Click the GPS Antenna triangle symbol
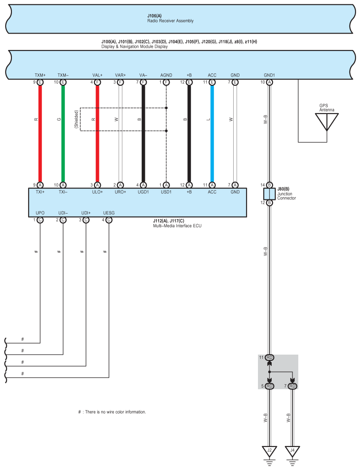[327, 120]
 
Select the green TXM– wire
[63, 133]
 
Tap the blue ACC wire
[212, 133]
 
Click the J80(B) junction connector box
[269, 194]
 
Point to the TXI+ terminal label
[40, 192]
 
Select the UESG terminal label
[109, 213]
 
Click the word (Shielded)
[76, 119]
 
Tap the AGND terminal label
[166, 75]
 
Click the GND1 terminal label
[269, 75]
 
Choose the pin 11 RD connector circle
[269, 357]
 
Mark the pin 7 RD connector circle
[292, 386]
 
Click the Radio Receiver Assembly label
[170, 21]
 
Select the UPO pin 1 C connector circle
[40, 220]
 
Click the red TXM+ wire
[40, 133]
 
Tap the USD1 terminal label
[166, 192]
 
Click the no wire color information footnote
[112, 412]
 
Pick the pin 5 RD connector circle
[269, 386]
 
